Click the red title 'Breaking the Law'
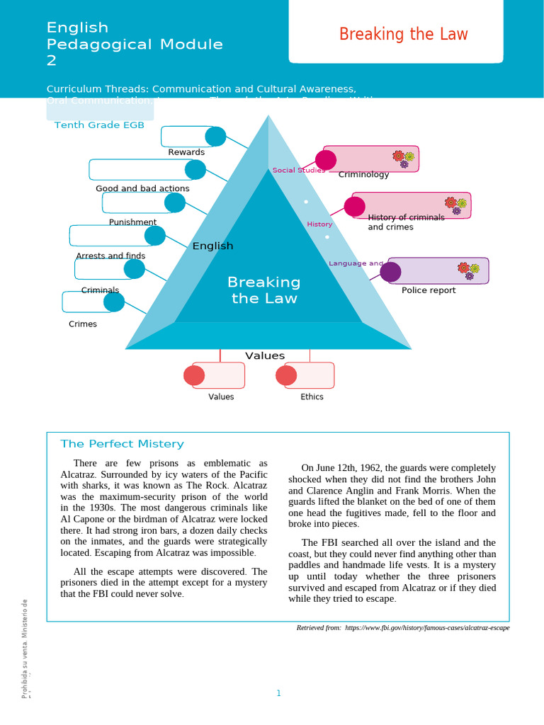[x=403, y=34]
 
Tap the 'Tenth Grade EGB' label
[x=99, y=125]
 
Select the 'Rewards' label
[x=186, y=152]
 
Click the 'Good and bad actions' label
[x=142, y=188]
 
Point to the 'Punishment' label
[x=132, y=222]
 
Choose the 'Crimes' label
[x=83, y=324]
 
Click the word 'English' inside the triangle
[x=212, y=246]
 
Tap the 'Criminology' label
[x=363, y=174]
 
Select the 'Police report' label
[x=429, y=290]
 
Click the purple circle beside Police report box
[x=390, y=272]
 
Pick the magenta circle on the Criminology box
[x=326, y=160]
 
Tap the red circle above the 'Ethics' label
[x=286, y=375]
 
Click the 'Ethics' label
[x=312, y=396]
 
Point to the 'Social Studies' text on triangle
[x=298, y=171]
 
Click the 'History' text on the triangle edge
[x=319, y=224]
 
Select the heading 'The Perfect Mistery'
[x=122, y=444]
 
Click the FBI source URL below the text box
[x=427, y=628]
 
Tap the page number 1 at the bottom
[x=279, y=693]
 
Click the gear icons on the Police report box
[x=468, y=269]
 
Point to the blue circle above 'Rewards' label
[x=215, y=137]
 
